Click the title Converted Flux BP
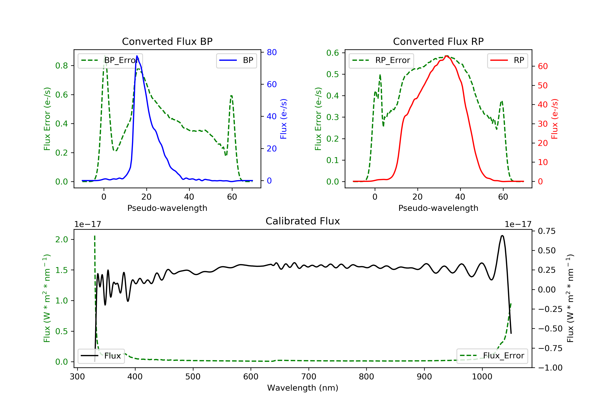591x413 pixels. (167, 41)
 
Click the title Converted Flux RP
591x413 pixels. (438, 41)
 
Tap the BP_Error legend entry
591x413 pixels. (110, 60)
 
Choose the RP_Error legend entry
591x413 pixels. (381, 60)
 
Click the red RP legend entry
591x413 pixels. (507, 60)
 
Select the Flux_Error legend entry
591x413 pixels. (492, 356)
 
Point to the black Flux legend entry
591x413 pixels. (101, 356)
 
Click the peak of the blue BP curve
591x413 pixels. (137, 56)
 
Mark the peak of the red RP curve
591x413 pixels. (447, 56)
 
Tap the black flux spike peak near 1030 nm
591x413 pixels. (502, 235)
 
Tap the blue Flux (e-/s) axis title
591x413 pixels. (283, 119)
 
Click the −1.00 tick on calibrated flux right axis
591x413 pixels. (550, 368)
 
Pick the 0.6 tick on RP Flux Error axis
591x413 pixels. (333, 53)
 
